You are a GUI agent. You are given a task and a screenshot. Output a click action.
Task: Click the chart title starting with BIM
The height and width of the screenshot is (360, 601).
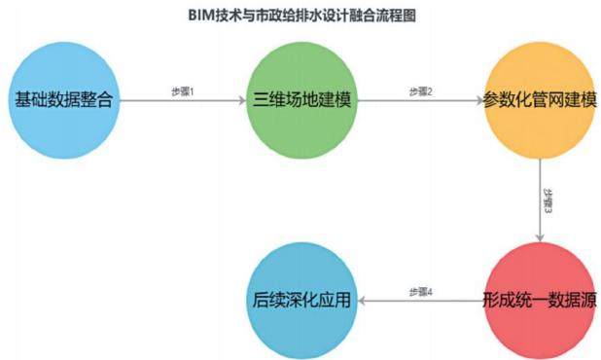tap(302, 16)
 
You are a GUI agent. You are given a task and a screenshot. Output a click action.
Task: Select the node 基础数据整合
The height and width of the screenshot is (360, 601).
tap(64, 100)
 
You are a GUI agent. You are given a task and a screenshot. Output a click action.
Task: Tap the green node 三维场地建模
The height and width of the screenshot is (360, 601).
tap(301, 100)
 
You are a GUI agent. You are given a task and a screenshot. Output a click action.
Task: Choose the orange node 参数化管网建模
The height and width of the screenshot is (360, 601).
tap(540, 100)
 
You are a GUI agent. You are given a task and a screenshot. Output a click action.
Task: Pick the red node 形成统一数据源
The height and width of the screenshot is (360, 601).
tap(540, 301)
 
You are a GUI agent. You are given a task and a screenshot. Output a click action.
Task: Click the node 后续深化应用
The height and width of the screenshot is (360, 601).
tap(301, 301)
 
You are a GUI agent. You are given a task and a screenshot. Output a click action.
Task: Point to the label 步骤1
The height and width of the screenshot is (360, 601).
tap(183, 91)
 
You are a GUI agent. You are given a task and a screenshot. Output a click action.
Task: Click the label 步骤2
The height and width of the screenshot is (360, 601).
tap(421, 91)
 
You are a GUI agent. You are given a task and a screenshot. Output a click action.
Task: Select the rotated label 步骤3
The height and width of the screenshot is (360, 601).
tap(548, 200)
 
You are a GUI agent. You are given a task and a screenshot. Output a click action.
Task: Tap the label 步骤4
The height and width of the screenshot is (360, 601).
tap(421, 292)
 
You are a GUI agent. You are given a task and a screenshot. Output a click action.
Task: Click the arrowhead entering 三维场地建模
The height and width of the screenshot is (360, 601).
tap(242, 100)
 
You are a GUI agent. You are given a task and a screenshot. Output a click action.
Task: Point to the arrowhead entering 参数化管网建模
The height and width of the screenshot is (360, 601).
tap(479, 100)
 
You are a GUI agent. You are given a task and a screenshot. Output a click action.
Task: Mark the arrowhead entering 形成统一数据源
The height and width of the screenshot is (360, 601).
tap(540, 238)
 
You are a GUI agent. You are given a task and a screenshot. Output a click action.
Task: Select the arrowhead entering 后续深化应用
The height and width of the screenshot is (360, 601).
tap(362, 301)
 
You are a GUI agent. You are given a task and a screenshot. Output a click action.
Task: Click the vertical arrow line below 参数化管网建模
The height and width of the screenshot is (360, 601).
tap(540, 200)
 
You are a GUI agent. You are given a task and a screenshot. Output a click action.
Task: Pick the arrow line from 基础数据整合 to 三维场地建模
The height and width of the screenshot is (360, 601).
tap(183, 100)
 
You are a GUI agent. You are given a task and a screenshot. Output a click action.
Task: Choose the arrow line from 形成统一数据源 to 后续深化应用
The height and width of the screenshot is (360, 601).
tap(421, 301)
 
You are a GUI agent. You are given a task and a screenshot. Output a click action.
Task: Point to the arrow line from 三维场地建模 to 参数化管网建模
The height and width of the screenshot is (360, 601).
tap(421, 100)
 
